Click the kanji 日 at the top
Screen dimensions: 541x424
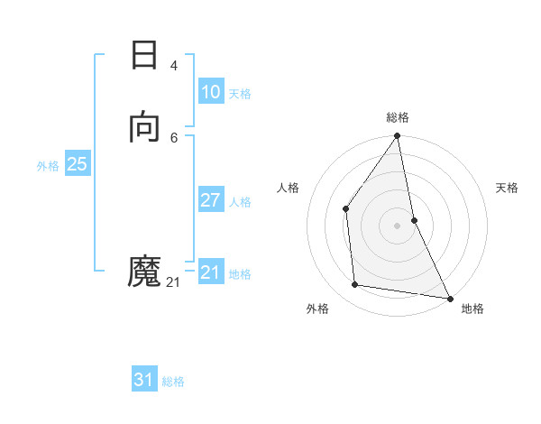point(144,56)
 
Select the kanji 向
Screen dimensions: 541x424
point(144,127)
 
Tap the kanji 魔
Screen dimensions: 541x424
point(144,271)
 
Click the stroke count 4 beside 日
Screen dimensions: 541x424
point(173,66)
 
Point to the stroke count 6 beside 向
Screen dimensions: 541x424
point(173,137)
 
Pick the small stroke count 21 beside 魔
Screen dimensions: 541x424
point(173,282)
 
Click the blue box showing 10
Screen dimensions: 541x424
point(210,92)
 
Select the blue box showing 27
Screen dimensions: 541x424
point(210,200)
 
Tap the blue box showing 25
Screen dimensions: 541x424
point(77,164)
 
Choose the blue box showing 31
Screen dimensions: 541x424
point(144,381)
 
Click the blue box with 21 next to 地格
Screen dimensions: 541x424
point(210,272)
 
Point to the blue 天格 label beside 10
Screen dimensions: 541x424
point(240,94)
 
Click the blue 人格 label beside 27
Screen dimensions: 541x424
point(240,202)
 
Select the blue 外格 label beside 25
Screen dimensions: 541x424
point(48,166)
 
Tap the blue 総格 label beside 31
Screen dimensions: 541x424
point(173,383)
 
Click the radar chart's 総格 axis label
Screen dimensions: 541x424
point(398,117)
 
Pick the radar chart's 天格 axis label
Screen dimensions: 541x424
point(508,188)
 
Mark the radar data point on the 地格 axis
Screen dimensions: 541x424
point(450,297)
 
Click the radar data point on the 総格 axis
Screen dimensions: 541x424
point(398,137)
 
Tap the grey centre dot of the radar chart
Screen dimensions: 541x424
point(398,225)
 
